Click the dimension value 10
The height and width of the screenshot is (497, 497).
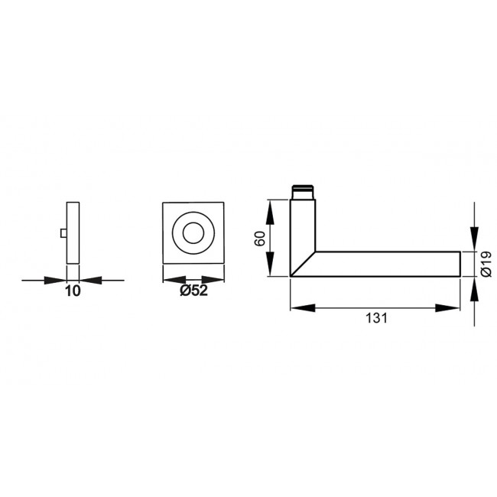[x=73, y=291]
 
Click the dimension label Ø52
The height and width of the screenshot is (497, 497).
[x=193, y=291]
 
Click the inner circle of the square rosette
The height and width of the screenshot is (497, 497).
[x=193, y=233]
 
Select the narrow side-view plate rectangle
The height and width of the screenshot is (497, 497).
[x=73, y=232]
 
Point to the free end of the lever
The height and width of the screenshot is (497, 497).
[x=457, y=264]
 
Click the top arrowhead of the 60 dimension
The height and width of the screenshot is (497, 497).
[x=269, y=207]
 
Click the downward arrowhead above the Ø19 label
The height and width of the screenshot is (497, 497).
[x=474, y=240]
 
